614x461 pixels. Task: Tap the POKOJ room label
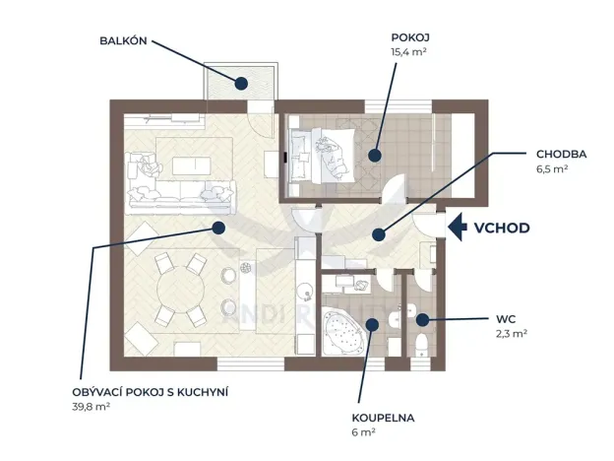coord(409,37)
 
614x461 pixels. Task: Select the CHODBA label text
coord(562,155)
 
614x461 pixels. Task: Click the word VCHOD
coord(502,228)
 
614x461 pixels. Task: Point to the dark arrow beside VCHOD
coord(457,228)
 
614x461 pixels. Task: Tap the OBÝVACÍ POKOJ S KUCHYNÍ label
coord(151,392)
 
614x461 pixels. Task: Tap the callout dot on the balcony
coord(240,83)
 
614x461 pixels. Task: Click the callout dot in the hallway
coord(375,233)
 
